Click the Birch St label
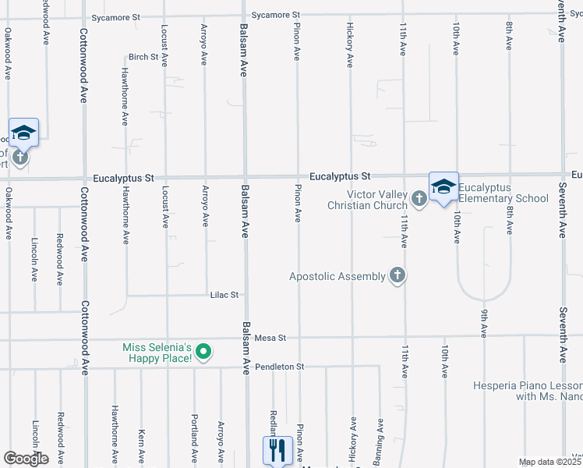coord(143,57)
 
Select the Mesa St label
coord(271,338)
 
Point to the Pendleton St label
coord(278,366)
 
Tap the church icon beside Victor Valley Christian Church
coord(419,198)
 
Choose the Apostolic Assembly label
coord(337,276)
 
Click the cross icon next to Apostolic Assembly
coord(397,275)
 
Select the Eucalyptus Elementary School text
coord(503,193)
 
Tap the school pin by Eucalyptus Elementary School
coord(443,187)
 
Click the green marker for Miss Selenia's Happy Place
coord(203,353)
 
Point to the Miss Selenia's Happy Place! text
coord(157,353)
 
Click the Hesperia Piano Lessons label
coord(528,391)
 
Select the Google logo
coord(26,459)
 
